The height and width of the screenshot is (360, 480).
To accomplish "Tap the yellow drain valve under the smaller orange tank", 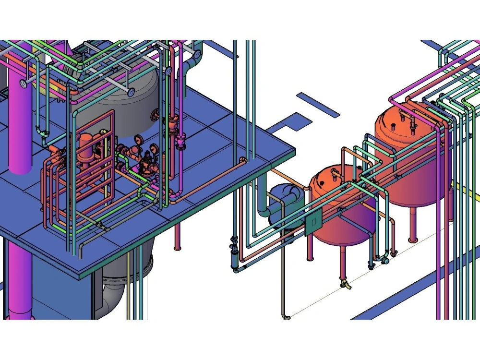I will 346,285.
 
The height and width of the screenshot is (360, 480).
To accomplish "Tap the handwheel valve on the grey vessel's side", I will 155,115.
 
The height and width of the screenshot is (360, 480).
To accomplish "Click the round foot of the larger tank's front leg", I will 412,239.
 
